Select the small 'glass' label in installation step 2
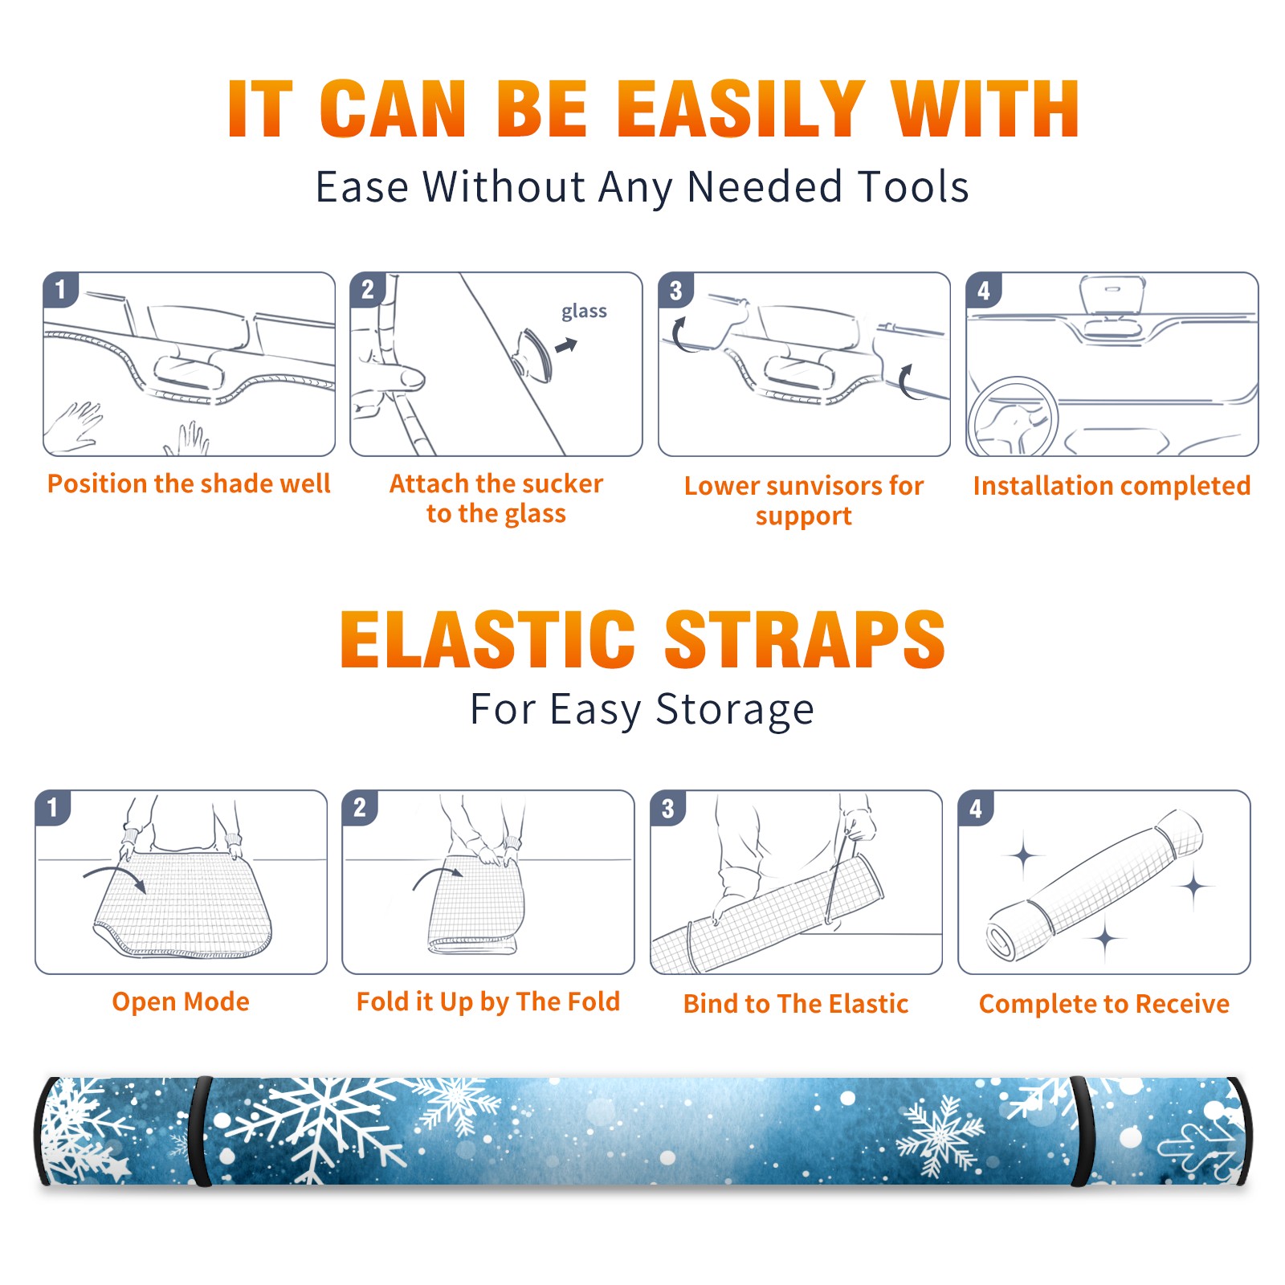coord(584,311)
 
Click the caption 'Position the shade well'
coord(189,483)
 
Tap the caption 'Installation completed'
coord(1112,485)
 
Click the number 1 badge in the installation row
coord(60,289)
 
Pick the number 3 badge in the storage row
coord(667,808)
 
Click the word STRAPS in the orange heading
coord(805,639)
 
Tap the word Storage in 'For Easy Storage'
coord(735,710)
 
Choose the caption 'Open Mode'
coord(181,1001)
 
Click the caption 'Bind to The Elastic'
coord(796,1004)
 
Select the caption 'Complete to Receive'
coord(1104,1004)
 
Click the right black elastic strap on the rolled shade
coord(1083,1131)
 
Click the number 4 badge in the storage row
coord(975,808)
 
